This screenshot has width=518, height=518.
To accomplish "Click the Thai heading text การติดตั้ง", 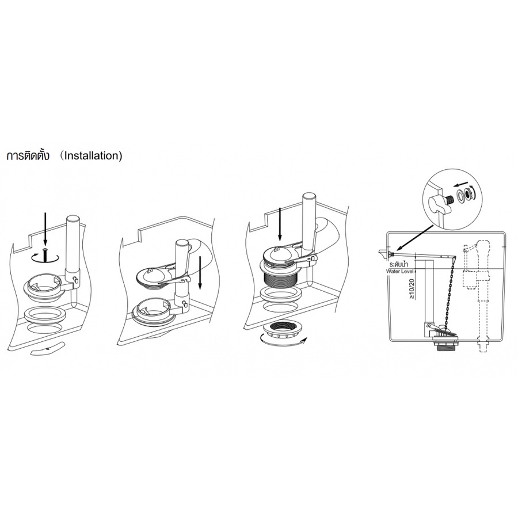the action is pyautogui.click(x=28, y=155).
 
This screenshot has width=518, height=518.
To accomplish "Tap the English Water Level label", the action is pyautogui.click(x=400, y=271).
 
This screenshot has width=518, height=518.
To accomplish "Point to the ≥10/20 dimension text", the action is pyautogui.click(x=412, y=289).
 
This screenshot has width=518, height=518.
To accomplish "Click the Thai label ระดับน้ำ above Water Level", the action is pyautogui.click(x=399, y=265).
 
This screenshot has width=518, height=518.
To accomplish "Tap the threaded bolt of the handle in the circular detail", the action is pyautogui.click(x=448, y=200).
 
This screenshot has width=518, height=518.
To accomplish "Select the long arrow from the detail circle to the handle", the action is pyautogui.click(x=415, y=238).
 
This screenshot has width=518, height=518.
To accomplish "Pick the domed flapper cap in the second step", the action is pyautogui.click(x=148, y=273).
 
